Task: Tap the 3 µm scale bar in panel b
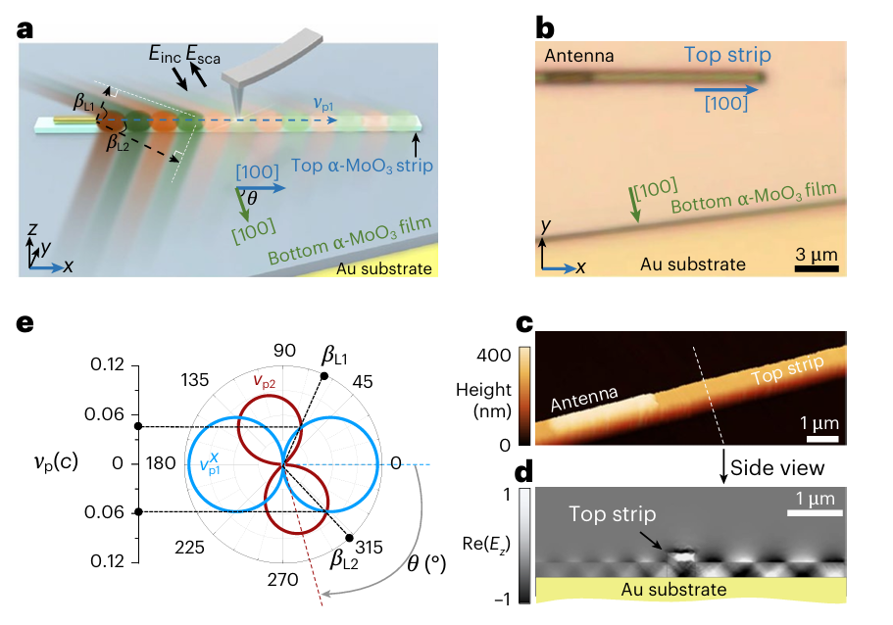click(x=816, y=264)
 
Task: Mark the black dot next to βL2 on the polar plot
click(x=349, y=537)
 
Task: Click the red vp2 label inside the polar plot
click(x=266, y=382)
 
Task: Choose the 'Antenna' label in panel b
click(x=579, y=56)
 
